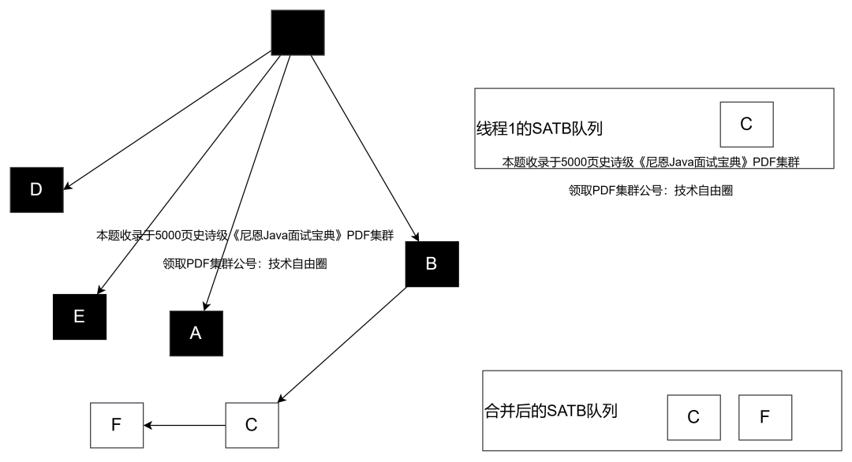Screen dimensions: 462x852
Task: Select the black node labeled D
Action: (36, 189)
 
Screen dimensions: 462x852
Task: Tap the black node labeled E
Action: (79, 316)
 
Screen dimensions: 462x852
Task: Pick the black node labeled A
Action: (196, 333)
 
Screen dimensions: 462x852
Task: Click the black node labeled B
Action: (431, 263)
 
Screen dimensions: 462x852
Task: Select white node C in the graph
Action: (252, 425)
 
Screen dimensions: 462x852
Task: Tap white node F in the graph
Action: (117, 425)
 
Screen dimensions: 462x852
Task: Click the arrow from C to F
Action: (185, 426)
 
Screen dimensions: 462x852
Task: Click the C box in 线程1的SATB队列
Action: (746, 125)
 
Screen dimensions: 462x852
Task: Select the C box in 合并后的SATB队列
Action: (693, 417)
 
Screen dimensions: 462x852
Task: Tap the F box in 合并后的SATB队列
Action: (764, 417)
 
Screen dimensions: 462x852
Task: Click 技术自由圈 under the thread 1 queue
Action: (704, 190)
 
